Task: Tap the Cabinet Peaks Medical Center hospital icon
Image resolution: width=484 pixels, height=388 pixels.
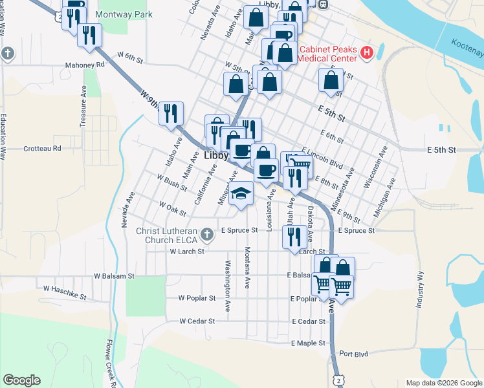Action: tap(367, 53)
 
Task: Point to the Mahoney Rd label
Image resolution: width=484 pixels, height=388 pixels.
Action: tap(85, 65)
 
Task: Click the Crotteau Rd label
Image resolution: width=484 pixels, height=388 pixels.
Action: tap(42, 148)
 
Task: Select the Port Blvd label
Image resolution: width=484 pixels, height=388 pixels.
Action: tap(353, 354)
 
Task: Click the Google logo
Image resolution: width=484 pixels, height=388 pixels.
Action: tap(21, 380)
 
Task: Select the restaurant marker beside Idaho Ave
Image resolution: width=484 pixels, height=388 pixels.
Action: tap(171, 114)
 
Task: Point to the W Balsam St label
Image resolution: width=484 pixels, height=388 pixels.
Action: tap(113, 275)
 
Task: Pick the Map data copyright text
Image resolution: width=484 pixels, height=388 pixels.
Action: tap(443, 383)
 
